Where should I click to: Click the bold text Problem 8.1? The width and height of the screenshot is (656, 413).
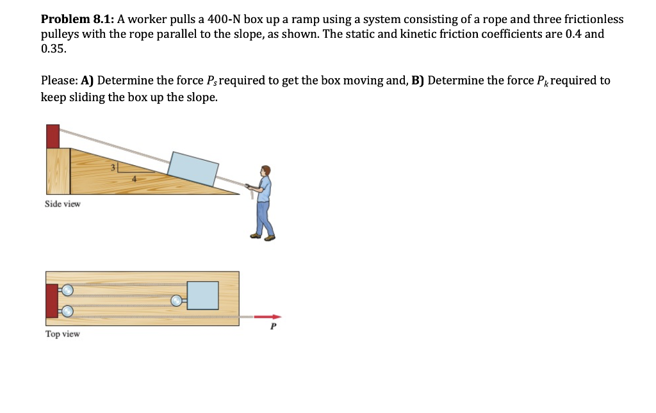pos(78,20)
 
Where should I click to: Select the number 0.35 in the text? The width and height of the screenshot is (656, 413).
pos(53,48)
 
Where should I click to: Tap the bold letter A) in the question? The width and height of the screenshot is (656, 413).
pos(87,81)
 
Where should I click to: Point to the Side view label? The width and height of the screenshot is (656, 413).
pos(63,204)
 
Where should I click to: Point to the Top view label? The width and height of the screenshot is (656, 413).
pos(62,334)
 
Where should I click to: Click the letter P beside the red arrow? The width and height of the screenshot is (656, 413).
pos(274,327)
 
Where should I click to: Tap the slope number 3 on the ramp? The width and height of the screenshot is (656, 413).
pos(113,168)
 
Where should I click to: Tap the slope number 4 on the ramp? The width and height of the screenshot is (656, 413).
pos(134,180)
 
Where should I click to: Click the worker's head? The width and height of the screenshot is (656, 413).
pos(266,170)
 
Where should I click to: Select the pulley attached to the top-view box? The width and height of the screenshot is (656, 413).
pos(176,300)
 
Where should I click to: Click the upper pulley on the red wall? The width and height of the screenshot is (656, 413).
pos(67,289)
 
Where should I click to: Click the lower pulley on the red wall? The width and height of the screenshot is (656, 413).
pos(67,311)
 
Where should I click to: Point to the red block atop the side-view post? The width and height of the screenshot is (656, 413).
pos(53,136)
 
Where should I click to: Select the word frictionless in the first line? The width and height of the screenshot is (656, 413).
pos(593,20)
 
